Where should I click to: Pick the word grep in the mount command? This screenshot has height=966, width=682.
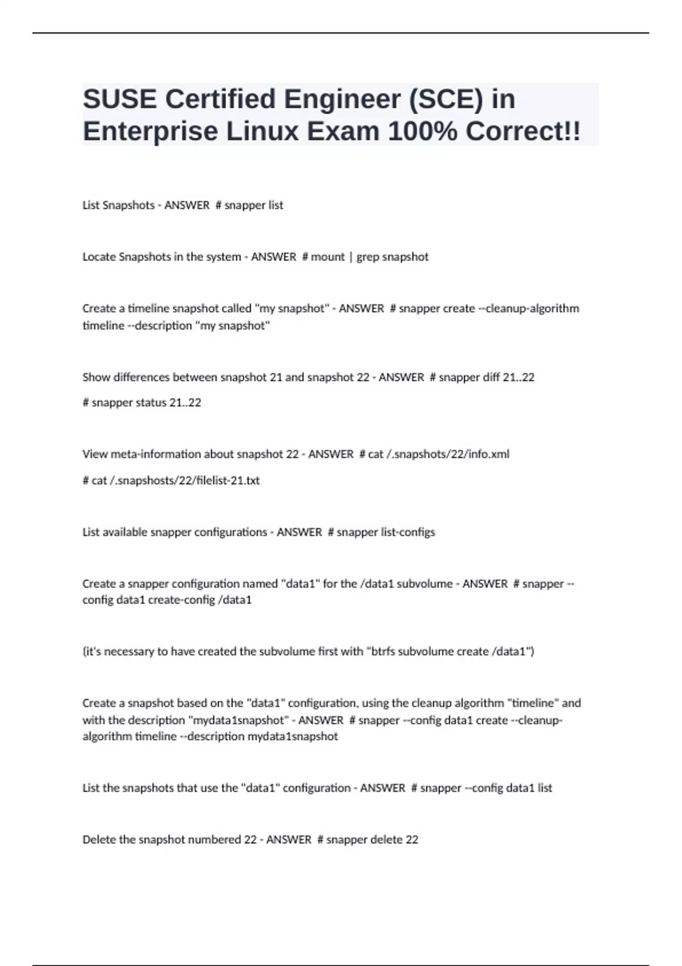coord(367,257)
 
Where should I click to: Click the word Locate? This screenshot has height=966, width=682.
coord(99,257)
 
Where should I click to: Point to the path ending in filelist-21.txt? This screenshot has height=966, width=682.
coord(176,480)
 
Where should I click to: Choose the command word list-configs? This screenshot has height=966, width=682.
coord(407,532)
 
